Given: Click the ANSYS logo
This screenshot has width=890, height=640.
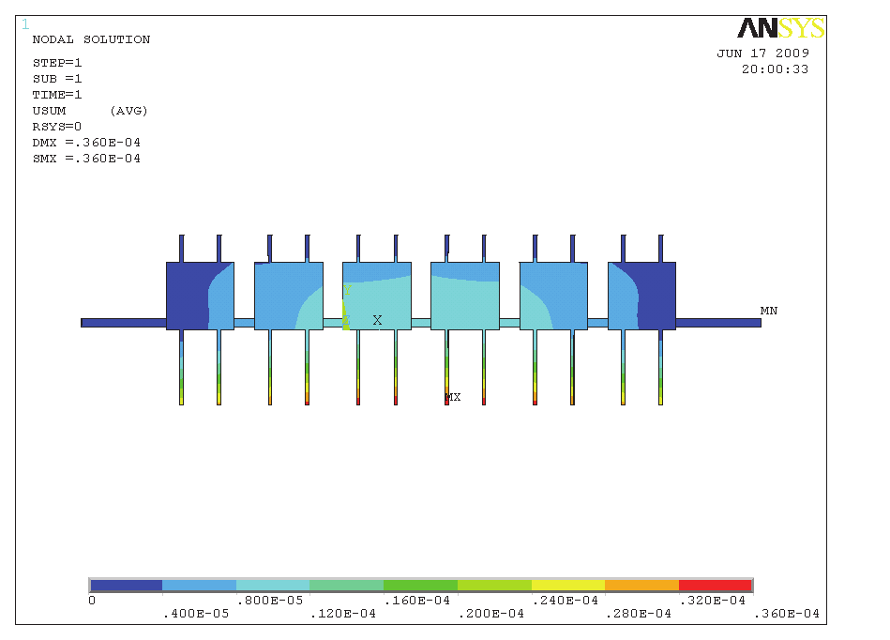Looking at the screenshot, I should click(780, 28).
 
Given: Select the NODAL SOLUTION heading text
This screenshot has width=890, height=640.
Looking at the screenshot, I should click(91, 39).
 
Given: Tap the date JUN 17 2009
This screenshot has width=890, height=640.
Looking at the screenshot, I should click(762, 53).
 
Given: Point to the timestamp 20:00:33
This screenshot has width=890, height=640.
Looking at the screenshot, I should click(775, 69).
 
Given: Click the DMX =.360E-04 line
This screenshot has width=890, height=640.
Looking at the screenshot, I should click(86, 143).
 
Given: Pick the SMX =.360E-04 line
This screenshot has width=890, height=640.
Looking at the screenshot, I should click(86, 159).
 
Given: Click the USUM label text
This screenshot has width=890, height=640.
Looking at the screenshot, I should click(49, 111).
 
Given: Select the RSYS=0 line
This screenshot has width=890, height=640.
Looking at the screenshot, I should click(56, 127).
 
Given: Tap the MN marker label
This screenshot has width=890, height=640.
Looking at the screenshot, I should click(769, 311).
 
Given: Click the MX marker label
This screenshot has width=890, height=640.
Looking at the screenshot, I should click(453, 398).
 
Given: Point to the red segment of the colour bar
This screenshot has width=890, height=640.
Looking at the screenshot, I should click(715, 586).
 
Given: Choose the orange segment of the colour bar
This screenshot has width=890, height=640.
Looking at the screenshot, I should click(641, 586).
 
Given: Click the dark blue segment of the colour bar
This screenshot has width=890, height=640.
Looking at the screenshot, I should click(126, 586).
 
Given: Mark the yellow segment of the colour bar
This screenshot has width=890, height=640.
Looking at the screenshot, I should click(567, 586).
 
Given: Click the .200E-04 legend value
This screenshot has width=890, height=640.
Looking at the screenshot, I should click(491, 614).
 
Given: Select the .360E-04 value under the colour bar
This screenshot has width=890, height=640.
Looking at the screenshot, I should click(787, 614).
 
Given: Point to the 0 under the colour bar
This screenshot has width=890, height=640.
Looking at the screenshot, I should click(91, 601).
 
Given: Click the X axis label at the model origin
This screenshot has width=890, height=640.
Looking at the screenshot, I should click(377, 320).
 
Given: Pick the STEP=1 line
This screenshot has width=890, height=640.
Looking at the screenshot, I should click(57, 63).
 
